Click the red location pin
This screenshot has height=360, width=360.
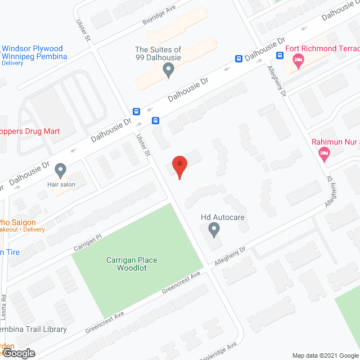tap(179, 166)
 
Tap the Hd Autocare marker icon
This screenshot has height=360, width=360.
tap(214, 229)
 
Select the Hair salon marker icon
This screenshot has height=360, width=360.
tap(61, 169)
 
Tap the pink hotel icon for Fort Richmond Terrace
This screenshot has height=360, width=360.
tap(298, 60)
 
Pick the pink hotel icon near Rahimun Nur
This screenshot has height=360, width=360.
tap(324, 153)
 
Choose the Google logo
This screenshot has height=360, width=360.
tap(18, 353)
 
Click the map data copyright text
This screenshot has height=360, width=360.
tap(325, 355)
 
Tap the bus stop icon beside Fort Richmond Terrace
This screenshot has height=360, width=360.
tap(280, 55)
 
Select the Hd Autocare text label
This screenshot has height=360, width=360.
tap(223, 217)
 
